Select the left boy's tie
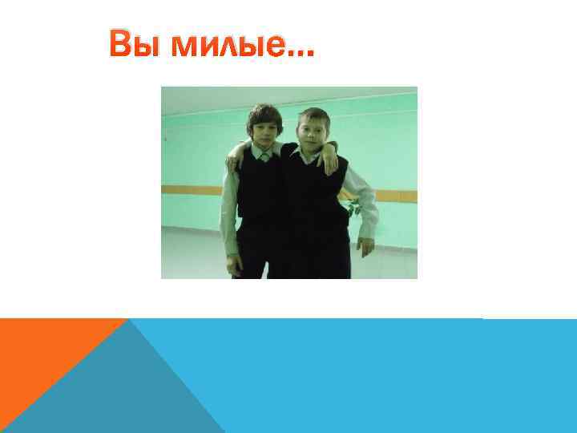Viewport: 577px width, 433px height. point(264,157)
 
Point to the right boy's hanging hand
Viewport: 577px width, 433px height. point(365,245)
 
